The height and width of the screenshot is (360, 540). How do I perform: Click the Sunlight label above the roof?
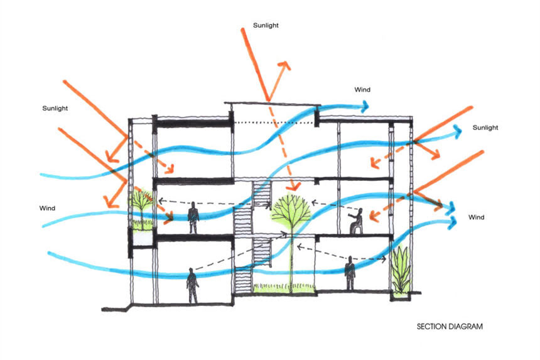click(x=266, y=26)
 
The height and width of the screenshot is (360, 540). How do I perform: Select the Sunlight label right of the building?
click(x=485, y=128)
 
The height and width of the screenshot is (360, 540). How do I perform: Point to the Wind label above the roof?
click(x=363, y=90)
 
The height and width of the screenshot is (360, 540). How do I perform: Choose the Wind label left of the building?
click(x=48, y=207)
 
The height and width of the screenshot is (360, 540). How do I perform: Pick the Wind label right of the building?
click(x=476, y=217)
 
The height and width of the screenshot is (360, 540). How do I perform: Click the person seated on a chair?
click(x=355, y=222)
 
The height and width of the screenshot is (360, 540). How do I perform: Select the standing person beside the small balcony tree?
click(x=194, y=217)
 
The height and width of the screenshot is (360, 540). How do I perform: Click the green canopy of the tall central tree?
click(x=291, y=210)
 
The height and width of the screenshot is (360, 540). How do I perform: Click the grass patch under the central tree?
click(x=283, y=288)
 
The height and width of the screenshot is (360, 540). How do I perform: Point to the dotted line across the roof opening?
click(x=273, y=123)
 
